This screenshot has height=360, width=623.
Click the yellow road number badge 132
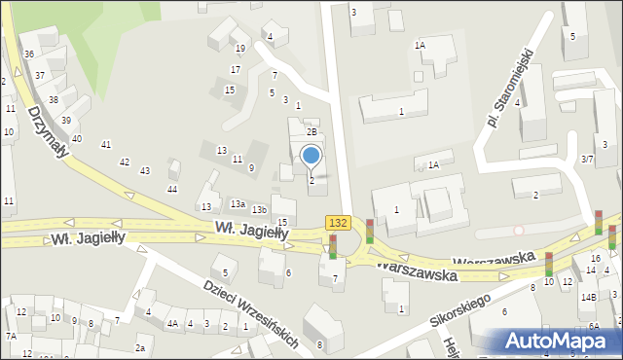(337, 223)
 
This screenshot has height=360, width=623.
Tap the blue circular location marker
(311, 155)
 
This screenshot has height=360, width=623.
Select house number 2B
(312, 131)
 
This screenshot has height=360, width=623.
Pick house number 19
(239, 49)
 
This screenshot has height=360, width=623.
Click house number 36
(29, 54)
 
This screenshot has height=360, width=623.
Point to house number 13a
(238, 204)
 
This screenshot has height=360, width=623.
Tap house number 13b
(259, 210)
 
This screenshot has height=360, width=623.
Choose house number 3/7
(586, 159)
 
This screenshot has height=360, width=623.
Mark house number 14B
(588, 297)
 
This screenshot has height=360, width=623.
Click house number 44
(172, 189)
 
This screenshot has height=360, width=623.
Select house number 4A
(172, 324)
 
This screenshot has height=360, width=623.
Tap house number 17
(235, 70)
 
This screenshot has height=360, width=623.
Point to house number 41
(106, 145)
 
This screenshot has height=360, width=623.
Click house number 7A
(11, 336)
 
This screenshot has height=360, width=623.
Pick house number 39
(66, 120)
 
